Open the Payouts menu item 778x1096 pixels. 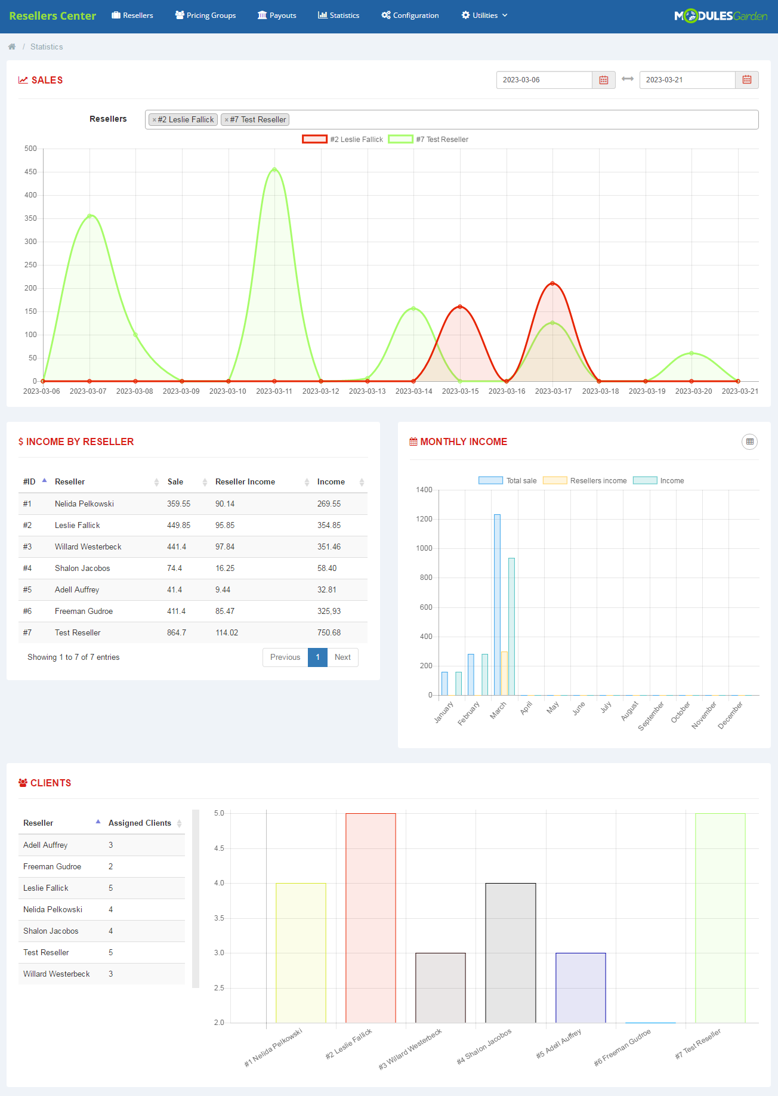[277, 16]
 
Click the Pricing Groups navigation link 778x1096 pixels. [205, 16]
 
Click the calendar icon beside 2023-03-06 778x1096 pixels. [603, 80]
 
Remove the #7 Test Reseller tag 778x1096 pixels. [227, 120]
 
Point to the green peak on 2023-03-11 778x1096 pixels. [274, 170]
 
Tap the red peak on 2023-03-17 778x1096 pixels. [552, 283]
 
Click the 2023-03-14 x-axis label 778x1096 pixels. [413, 391]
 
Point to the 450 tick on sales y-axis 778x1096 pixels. [30, 172]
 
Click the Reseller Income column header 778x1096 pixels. [245, 482]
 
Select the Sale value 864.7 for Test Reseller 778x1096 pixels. [177, 633]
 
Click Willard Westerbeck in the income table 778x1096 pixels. [88, 547]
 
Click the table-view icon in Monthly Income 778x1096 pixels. [749, 442]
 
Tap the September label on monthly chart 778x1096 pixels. [651, 715]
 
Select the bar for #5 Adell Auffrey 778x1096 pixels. [581, 987]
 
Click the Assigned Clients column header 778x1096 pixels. [140, 823]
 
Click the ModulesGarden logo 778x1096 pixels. [720, 16]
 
